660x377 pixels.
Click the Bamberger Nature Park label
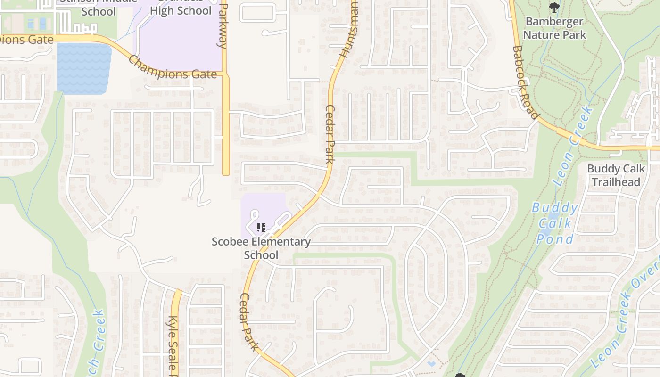[554, 28]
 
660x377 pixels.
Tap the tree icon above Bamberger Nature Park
[554, 7]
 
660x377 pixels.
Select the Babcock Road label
[525, 82]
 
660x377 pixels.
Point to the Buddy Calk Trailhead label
[616, 175]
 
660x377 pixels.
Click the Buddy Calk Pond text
[555, 223]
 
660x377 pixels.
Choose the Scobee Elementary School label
[261, 248]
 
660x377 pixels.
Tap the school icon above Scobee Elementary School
[261, 228]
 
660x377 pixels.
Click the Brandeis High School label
[181, 10]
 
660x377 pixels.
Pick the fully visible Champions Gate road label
[172, 69]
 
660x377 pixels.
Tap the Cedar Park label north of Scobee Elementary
[330, 134]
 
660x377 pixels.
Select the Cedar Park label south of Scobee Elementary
[249, 322]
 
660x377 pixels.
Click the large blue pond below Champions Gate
[83, 68]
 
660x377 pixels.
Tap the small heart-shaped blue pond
[431, 364]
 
